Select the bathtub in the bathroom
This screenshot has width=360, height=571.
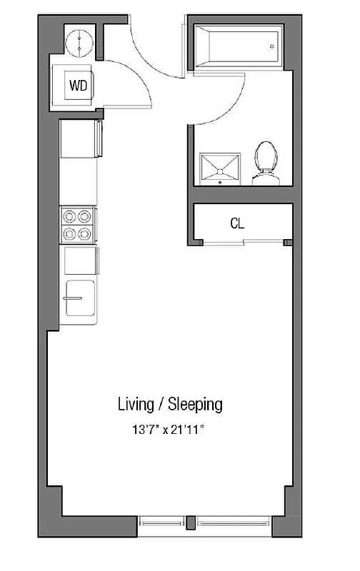pos(236,47)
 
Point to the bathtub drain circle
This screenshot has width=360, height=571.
pos(272,47)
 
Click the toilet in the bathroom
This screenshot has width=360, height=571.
pos(266,163)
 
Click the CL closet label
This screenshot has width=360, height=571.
pos(237,223)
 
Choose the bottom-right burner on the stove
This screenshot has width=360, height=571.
pos(86,232)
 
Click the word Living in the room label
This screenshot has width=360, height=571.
pos(136,405)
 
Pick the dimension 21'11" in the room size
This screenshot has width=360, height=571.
pos(193,430)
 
